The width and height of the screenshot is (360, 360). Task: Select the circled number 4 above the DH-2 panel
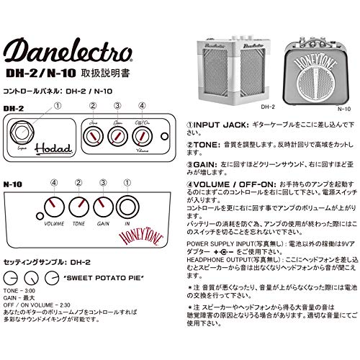pyautogui.click(x=143, y=107)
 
